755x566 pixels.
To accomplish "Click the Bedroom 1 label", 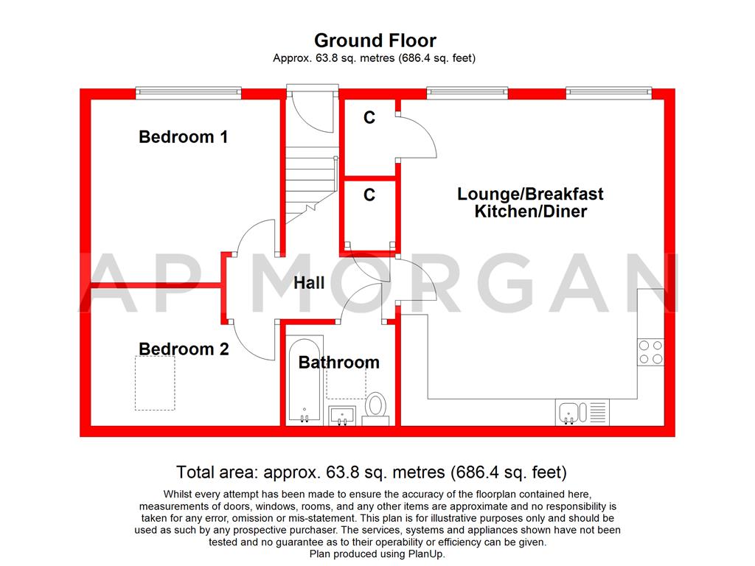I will [183, 137].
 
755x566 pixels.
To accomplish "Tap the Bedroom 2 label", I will [184, 349].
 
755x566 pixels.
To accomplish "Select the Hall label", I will [309, 283].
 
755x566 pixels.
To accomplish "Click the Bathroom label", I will [338, 363].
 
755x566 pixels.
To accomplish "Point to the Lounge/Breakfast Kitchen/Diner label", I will [530, 203].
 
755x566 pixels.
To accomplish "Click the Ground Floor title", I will [375, 40].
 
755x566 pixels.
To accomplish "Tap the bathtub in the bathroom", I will [304, 381].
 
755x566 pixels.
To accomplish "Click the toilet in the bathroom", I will [376, 408].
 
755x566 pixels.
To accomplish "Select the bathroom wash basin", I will [341, 414].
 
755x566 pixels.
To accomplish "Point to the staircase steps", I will [308, 177].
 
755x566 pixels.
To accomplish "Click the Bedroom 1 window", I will [188, 93].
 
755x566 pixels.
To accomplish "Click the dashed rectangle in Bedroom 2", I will [156, 383].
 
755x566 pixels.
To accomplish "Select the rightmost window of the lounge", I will [609, 93].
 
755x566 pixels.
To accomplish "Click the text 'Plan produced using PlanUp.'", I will [377, 553].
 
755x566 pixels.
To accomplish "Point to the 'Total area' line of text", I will [372, 472].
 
